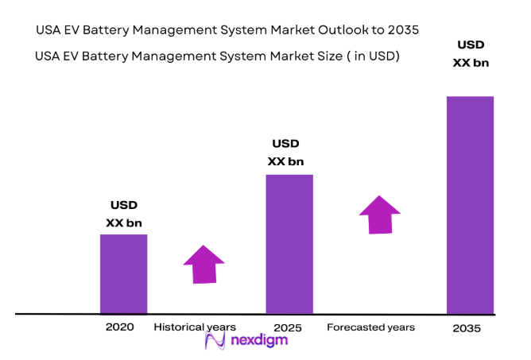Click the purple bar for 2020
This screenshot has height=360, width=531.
[x=123, y=273]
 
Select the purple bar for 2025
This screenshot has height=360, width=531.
[x=289, y=244]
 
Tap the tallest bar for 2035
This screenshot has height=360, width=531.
[x=469, y=204]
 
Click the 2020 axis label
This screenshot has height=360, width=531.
[x=119, y=327]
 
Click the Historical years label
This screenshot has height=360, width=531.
[x=195, y=327]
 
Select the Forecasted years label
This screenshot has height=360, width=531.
[x=370, y=327]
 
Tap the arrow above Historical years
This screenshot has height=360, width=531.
[x=204, y=264]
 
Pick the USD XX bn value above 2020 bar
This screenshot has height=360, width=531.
[x=123, y=214]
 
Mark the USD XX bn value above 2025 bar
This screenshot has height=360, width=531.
[x=285, y=153]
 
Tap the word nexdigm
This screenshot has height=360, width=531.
[x=257, y=341]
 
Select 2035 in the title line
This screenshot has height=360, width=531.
[x=402, y=29]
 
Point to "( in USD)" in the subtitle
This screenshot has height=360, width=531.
[x=371, y=56]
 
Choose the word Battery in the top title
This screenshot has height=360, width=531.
[x=114, y=29]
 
